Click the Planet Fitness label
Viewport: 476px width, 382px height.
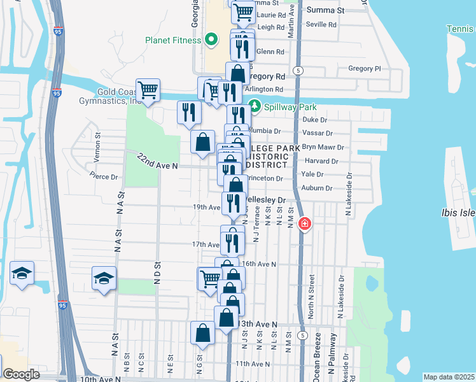(172, 40)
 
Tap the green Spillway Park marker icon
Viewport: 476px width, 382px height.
(255, 106)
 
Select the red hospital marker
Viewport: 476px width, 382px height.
(305, 224)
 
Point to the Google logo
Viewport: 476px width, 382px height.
(21, 374)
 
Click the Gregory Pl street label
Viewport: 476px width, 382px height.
(364, 69)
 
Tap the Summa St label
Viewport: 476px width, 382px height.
(325, 10)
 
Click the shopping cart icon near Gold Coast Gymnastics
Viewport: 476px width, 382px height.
(148, 90)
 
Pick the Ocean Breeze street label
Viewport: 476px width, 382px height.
(316, 364)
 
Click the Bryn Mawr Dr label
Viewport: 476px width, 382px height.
(323, 146)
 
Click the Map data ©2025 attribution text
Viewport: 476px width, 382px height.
(449, 377)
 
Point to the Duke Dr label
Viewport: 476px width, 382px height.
(314, 120)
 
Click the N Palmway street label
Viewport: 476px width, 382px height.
(332, 364)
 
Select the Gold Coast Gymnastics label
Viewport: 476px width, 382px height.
(108, 96)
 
